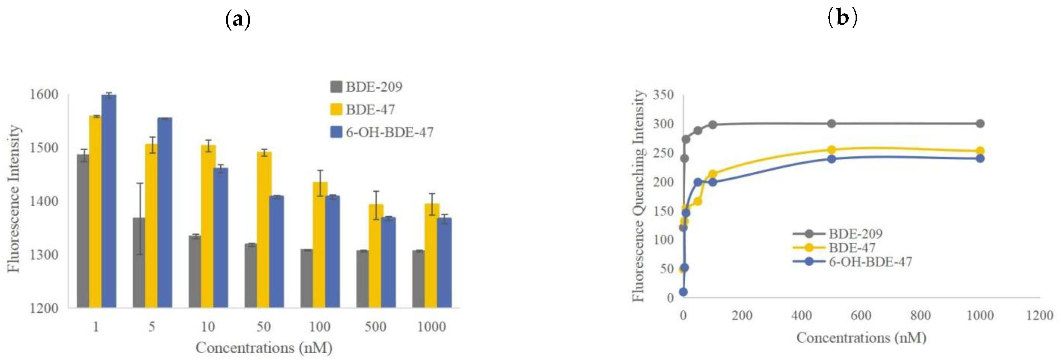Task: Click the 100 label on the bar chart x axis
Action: pyautogui.click(x=320, y=327)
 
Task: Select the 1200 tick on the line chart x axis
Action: pyautogui.click(x=1040, y=316)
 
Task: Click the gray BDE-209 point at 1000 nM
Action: pyautogui.click(x=980, y=124)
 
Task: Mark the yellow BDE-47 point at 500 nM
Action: pyautogui.click(x=831, y=149)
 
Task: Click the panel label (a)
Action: pyautogui.click(x=238, y=20)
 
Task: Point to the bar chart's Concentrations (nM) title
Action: pyautogui.click(x=264, y=348)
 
